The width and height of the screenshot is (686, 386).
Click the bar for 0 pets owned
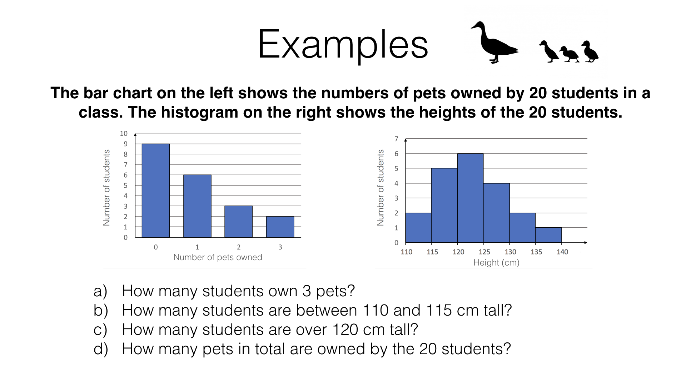click(156, 190)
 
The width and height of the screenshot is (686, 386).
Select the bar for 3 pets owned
click(280, 227)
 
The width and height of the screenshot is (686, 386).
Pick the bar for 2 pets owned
click(238, 222)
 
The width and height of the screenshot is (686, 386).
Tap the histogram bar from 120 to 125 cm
click(470, 198)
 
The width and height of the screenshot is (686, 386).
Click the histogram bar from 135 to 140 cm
click(548, 235)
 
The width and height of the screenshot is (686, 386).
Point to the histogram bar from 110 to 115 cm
click(418, 228)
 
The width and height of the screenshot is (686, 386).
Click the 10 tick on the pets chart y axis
click(124, 133)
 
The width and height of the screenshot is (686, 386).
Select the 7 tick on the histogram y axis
click(396, 139)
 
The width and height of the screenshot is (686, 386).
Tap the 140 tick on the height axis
click(562, 252)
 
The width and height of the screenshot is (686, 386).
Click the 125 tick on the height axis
click(484, 252)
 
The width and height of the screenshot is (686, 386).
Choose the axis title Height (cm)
click(496, 263)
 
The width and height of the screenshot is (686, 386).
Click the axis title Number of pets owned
click(218, 257)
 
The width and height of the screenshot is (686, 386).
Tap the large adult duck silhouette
click(495, 42)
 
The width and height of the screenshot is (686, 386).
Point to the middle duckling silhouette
click(569, 54)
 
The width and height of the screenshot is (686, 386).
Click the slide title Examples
click(343, 45)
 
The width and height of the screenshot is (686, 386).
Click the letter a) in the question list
click(100, 291)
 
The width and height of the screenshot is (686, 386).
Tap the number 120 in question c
click(345, 330)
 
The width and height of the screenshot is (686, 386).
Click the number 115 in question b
click(439, 310)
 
